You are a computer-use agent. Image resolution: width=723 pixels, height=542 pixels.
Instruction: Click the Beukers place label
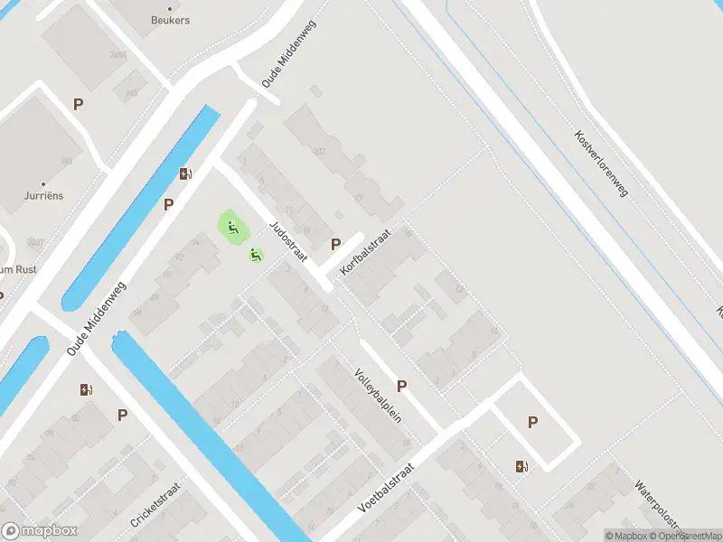170,20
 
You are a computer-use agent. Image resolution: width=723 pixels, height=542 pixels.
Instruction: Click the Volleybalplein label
378,397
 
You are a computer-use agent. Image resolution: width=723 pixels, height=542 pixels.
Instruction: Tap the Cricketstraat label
155,505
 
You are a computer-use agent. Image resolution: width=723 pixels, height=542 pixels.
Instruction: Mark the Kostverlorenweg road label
602,163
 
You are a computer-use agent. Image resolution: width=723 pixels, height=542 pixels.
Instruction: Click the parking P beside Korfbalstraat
336,244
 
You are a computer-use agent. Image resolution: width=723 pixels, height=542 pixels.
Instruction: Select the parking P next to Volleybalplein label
402,386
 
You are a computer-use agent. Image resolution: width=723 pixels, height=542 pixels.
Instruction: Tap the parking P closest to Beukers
79,104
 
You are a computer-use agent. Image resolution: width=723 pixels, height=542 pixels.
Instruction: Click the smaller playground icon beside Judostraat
256,256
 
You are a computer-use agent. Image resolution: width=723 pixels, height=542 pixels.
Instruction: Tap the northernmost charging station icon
185,174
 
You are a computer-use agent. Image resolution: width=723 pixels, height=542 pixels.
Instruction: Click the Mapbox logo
40,531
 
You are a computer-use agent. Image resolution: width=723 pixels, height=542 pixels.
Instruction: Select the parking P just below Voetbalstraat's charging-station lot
532,422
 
